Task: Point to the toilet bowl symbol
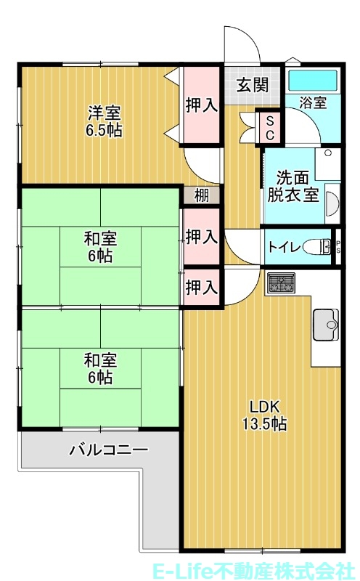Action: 317,247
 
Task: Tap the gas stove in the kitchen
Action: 280,283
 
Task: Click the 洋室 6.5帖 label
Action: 105,121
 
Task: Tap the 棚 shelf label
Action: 201,195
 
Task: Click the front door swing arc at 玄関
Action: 243,45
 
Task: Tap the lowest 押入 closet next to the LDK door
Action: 201,287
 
